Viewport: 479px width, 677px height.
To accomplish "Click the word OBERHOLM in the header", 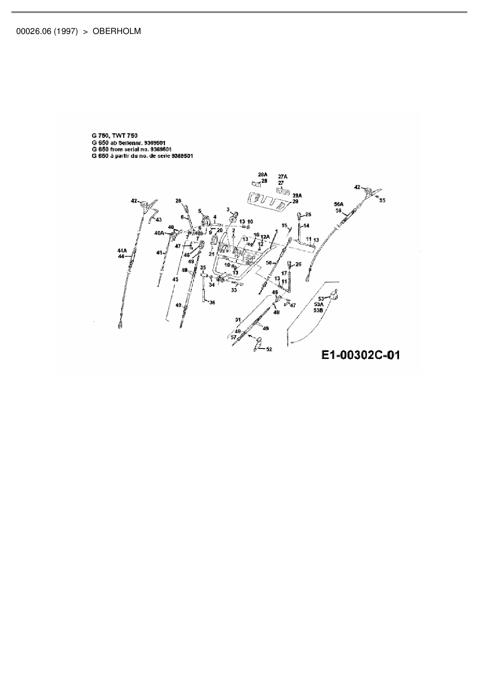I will point(117,31).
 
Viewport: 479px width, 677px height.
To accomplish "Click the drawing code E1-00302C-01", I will point(360,355).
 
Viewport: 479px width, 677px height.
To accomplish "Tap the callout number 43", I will point(159,220).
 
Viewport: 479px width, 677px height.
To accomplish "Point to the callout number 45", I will point(175,279).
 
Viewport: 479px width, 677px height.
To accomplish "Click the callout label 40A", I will point(159,233).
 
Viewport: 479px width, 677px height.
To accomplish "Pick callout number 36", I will point(212,303).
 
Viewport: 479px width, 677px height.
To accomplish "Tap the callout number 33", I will point(234,290).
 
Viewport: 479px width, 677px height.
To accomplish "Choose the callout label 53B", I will point(318,310).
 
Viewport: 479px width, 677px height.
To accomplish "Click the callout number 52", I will point(269,349).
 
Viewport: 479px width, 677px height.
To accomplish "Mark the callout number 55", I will point(382,200).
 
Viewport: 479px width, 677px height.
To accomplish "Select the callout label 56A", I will point(338,204).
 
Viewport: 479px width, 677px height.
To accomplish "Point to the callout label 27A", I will point(282,177).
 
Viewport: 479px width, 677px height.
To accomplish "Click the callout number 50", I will point(269,262).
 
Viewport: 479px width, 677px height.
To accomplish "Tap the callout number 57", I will point(233,337).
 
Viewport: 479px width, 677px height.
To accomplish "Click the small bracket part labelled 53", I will point(334,296).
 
